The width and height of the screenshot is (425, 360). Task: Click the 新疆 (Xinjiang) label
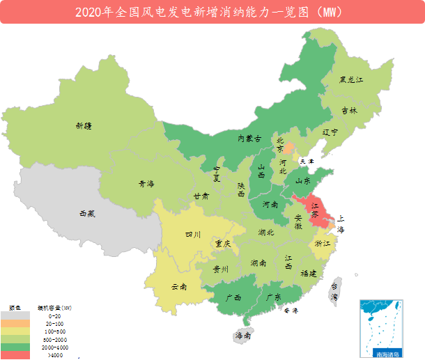coord(84,126)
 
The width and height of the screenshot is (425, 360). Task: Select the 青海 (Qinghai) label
coord(146,185)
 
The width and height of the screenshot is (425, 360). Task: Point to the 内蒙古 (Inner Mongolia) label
coord(249,139)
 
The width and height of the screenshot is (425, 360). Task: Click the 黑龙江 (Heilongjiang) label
coord(351,80)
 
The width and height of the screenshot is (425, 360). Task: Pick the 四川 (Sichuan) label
coord(193,235)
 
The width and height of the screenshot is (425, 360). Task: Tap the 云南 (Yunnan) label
coord(179,286)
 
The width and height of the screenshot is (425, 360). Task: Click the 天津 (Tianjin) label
coord(307,161)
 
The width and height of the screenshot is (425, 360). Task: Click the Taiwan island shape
coord(335,292)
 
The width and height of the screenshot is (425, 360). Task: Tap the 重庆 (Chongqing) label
coord(223,244)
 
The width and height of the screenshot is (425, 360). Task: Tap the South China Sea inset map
coord(381,327)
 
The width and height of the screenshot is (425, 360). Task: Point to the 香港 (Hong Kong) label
coord(291,311)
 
